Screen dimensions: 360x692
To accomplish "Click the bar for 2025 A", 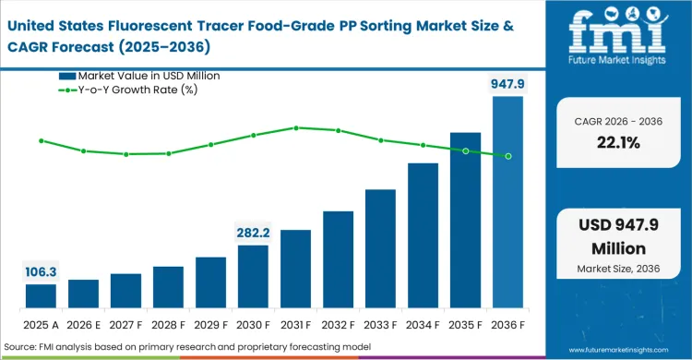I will [x=41, y=295].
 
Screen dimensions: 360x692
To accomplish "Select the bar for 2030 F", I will [x=253, y=276].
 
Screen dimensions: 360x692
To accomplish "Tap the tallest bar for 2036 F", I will [x=507, y=202].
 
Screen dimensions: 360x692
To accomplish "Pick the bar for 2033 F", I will [x=380, y=248].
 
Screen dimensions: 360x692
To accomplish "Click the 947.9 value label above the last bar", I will [x=507, y=85].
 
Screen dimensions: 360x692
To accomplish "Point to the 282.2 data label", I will [x=253, y=232].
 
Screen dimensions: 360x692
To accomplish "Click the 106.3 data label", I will [x=41, y=271].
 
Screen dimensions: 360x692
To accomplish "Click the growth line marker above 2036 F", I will [x=507, y=156].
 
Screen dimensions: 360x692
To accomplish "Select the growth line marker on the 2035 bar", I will [x=465, y=150].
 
